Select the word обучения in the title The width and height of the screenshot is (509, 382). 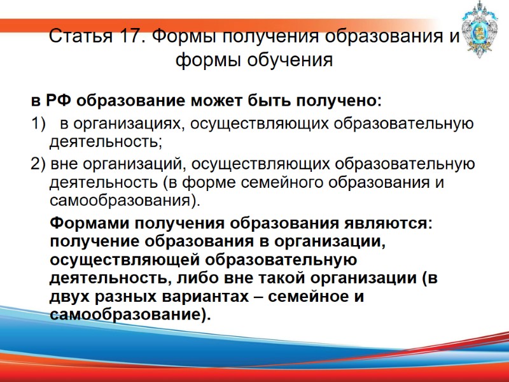296,60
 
